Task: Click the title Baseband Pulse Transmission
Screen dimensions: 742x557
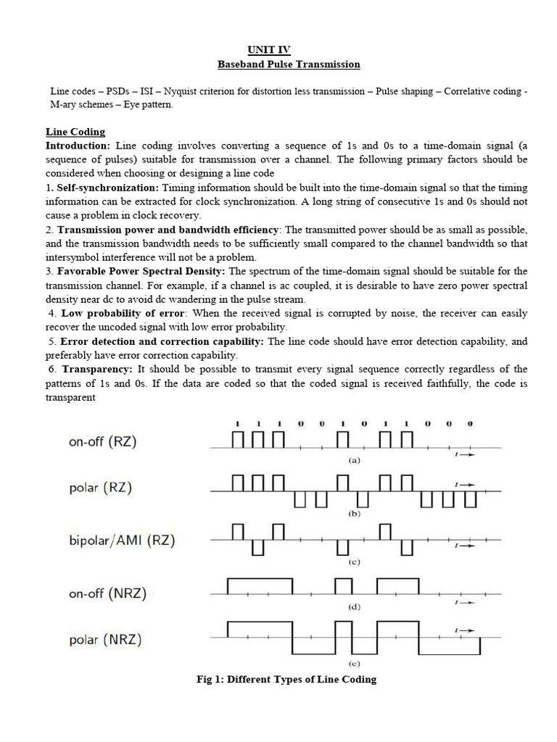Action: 289,64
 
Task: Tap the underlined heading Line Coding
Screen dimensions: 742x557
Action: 75,132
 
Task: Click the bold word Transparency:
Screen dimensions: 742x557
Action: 96,369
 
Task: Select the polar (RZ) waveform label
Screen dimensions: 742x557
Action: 101,488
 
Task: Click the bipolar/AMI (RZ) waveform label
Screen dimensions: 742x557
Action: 122,541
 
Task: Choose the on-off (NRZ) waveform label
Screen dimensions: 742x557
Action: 107,594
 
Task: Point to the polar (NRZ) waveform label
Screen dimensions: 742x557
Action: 105,640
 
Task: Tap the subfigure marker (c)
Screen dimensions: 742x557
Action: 355,562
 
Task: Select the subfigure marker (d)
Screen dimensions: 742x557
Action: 355,607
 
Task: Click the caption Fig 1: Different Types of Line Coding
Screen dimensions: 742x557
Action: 286,680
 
